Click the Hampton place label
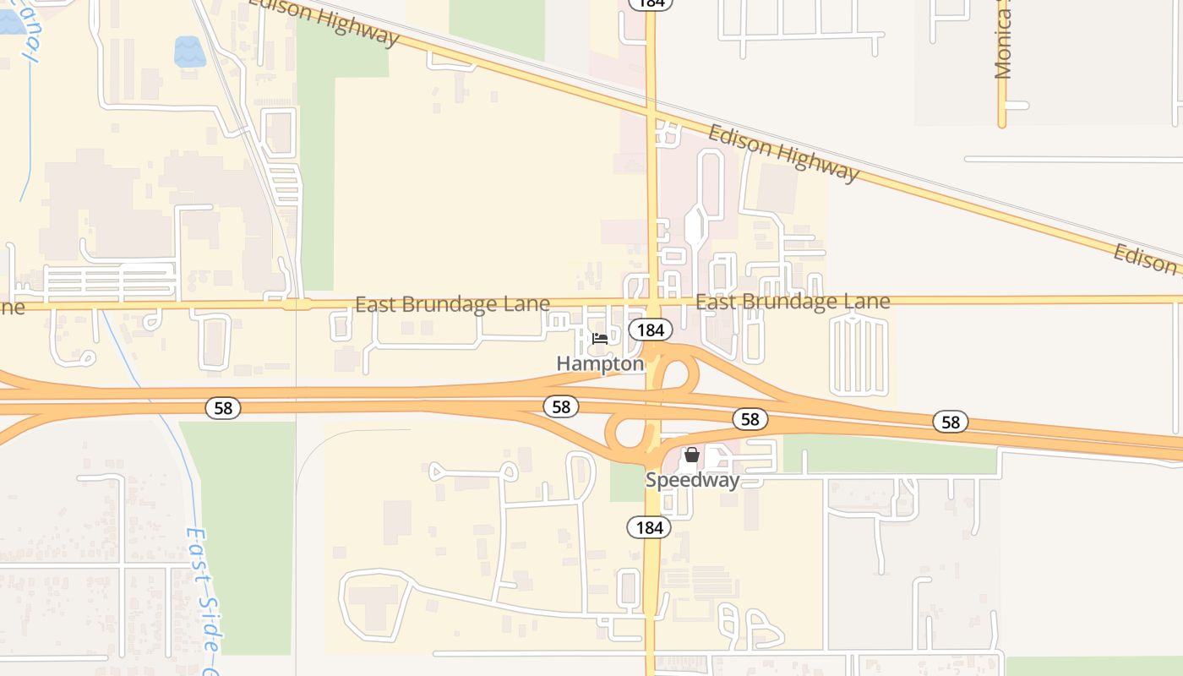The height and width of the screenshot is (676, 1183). click(x=600, y=363)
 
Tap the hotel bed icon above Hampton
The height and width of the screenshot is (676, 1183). click(x=600, y=339)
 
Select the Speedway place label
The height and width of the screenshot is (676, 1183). click(x=692, y=480)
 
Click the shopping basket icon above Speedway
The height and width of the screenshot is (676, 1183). click(x=692, y=455)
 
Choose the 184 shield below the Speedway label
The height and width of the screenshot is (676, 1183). click(x=649, y=528)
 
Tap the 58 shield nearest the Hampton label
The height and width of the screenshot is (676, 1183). click(x=561, y=407)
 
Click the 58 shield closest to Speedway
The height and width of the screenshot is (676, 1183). click(x=750, y=419)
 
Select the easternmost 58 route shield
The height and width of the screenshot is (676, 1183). click(x=951, y=422)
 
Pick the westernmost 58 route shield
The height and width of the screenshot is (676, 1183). click(x=223, y=409)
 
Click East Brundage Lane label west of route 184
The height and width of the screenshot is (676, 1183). click(x=452, y=304)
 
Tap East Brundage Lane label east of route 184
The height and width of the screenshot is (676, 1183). click(x=793, y=302)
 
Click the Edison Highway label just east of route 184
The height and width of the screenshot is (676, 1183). click(x=782, y=153)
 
